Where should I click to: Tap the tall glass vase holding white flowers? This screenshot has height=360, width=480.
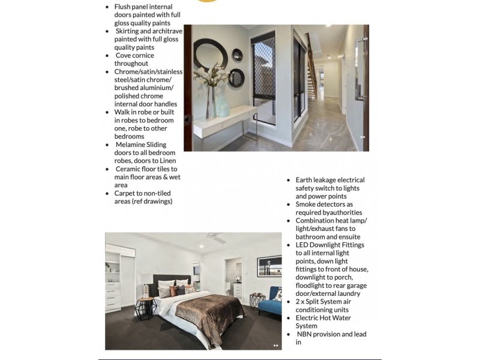(211, 102)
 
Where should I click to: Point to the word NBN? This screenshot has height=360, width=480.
(307, 334)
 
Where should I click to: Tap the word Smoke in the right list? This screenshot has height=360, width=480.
(307, 205)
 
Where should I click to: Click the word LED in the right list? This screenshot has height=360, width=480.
(302, 245)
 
